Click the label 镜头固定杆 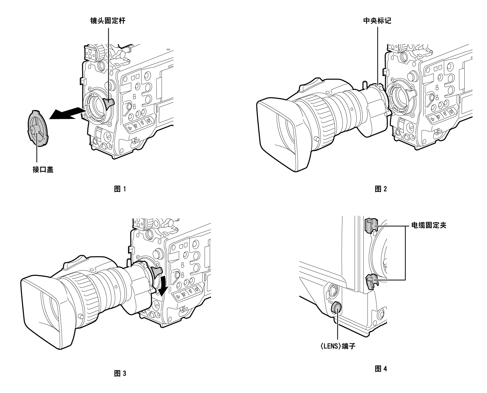(x=108, y=21)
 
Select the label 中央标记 (x=377, y=21)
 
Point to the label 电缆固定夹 (x=428, y=225)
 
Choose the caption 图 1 (x=121, y=189)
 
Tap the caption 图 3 (x=121, y=373)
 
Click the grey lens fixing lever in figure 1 (x=110, y=103)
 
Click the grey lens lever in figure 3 (x=157, y=271)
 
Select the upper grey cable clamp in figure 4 (x=370, y=225)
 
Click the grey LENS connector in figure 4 (x=337, y=308)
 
